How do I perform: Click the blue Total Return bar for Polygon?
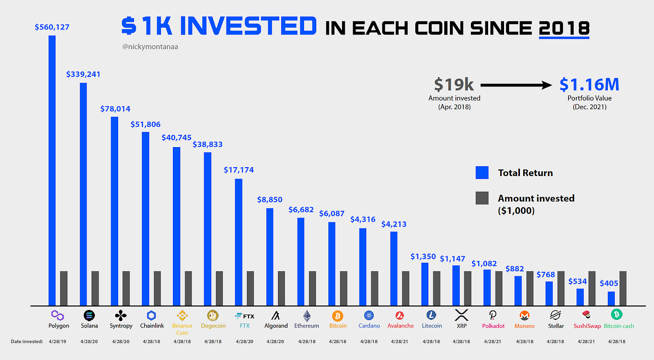tap(52, 170)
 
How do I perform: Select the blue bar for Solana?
tap(83, 194)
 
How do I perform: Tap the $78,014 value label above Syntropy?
tap(115, 109)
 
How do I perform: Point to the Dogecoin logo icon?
tap(213, 315)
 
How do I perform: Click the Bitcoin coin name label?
tap(338, 326)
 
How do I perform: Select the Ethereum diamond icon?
tap(306, 315)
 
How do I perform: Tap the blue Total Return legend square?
tap(482, 173)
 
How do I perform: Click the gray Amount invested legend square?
tap(482, 198)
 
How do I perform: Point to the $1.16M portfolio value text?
tap(589, 85)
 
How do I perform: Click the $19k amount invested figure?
tap(454, 85)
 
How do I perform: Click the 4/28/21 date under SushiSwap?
tap(588, 342)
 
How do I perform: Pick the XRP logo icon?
tap(462, 315)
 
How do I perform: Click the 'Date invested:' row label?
tap(27, 342)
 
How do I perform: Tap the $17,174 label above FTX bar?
tap(239, 170)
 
